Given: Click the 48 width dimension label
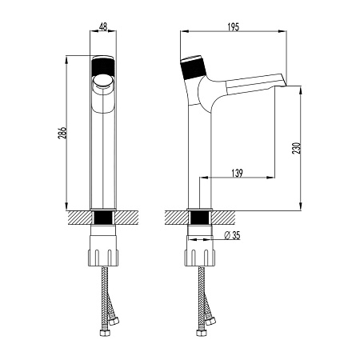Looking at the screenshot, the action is click(103, 26).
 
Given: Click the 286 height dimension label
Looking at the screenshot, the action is click(62, 133).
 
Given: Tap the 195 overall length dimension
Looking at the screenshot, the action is click(234, 27).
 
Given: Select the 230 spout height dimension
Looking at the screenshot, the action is click(297, 148).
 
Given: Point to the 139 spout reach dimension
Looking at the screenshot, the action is click(237, 173).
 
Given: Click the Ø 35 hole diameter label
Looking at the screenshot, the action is click(232, 235).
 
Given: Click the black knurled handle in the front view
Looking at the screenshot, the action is click(103, 67).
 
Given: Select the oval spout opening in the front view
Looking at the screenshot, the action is click(103, 81).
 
